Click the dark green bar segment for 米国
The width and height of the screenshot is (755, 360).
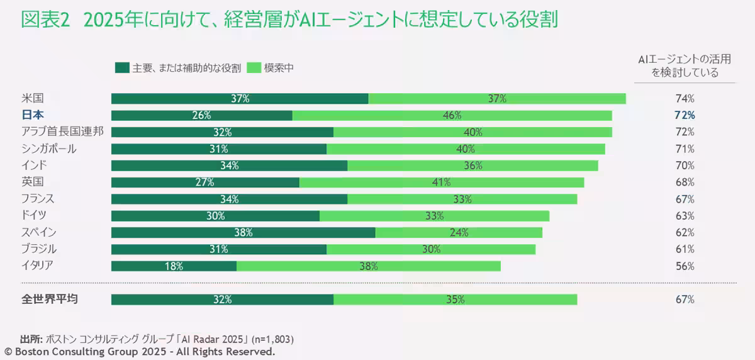(240, 98)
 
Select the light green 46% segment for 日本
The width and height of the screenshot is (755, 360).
(452, 115)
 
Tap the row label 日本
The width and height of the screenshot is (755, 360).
(33, 115)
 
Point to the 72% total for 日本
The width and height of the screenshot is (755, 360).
(685, 115)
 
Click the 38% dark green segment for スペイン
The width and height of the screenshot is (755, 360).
(243, 232)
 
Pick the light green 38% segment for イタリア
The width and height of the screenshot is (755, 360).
(368, 266)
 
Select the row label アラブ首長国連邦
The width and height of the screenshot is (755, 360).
(62, 132)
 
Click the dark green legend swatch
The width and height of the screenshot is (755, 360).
(121, 68)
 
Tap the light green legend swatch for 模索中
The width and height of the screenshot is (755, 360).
(254, 68)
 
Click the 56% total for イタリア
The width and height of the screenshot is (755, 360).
(685, 266)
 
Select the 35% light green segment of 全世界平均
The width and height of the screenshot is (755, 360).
(455, 300)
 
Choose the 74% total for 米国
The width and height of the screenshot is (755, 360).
(685, 99)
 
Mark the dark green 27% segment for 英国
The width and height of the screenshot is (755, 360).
(205, 183)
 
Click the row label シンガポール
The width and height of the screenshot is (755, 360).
(49, 149)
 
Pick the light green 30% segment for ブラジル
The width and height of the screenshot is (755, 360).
(431, 249)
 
